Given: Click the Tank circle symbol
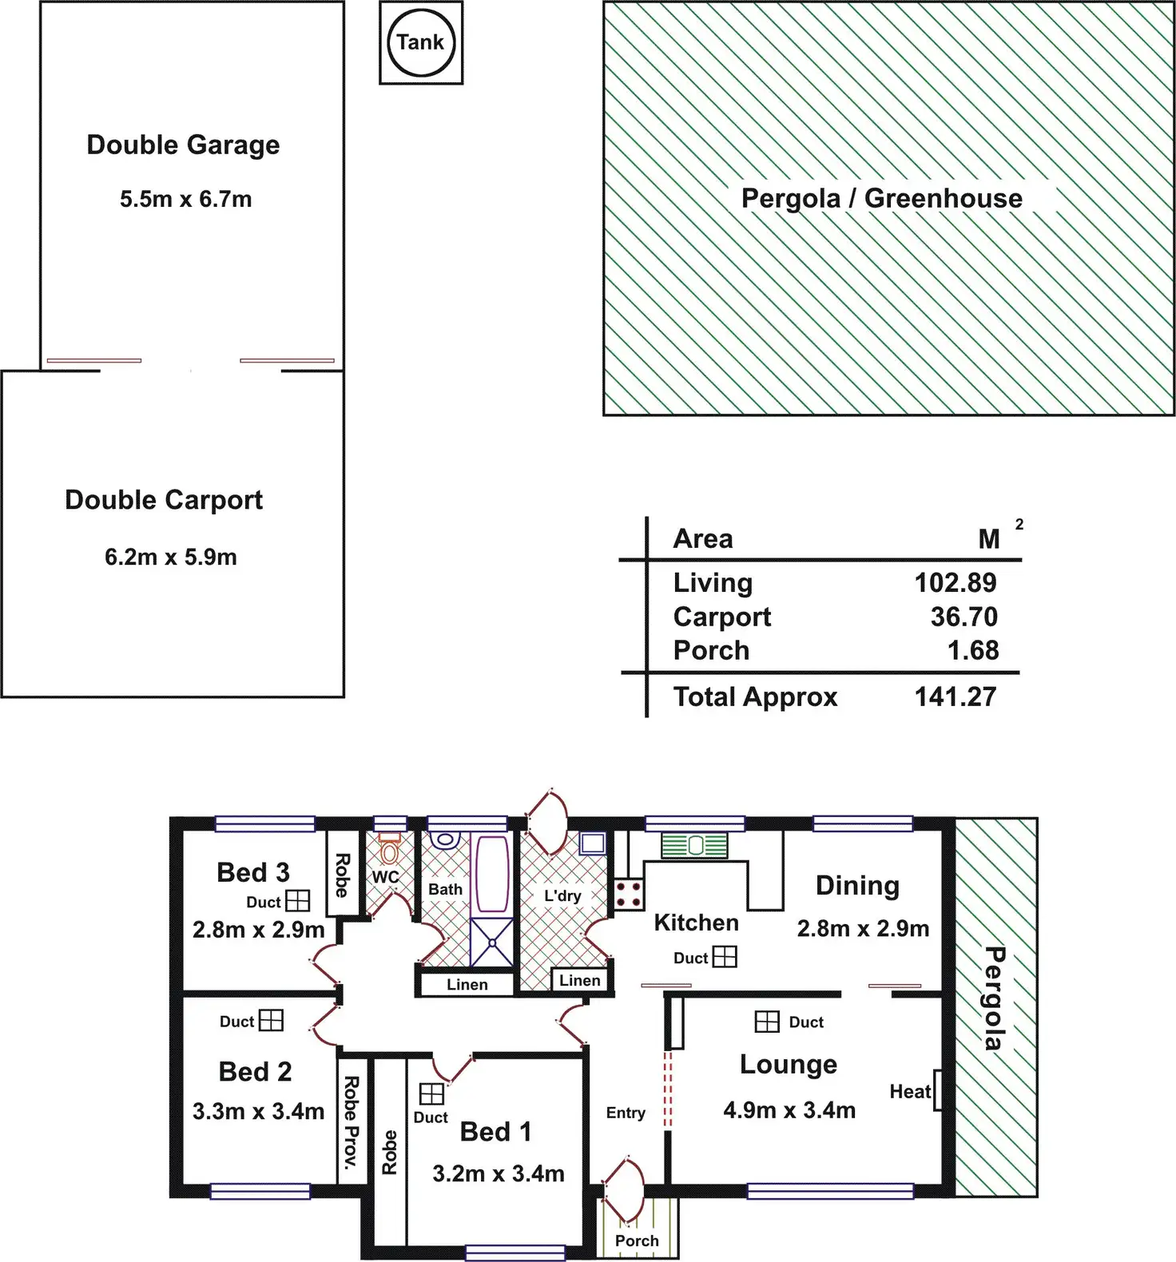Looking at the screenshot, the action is point(421,42).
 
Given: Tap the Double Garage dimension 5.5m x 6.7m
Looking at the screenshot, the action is point(186,199).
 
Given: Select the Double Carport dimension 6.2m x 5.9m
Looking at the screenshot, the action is point(171,557).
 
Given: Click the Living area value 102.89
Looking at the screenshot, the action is point(955,582).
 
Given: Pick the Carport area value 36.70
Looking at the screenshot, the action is point(963,617).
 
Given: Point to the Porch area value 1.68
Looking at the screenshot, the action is point(972,650).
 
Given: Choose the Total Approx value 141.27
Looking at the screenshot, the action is point(955,696).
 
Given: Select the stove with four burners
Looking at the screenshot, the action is point(629,894).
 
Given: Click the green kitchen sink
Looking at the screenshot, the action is point(694,845).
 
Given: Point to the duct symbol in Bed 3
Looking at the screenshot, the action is point(297,901).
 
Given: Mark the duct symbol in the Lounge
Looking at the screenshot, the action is point(767,1021).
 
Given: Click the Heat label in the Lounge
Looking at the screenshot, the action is point(910,1091).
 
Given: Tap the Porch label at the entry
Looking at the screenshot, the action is point(637,1240).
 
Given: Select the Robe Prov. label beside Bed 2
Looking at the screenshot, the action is point(350,1122).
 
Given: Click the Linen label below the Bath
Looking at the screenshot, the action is point(467,985).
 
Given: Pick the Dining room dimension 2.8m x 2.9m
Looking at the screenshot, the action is point(863,928).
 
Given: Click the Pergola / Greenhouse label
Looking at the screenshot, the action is point(881,198).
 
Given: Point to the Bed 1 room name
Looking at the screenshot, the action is point(495,1131).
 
